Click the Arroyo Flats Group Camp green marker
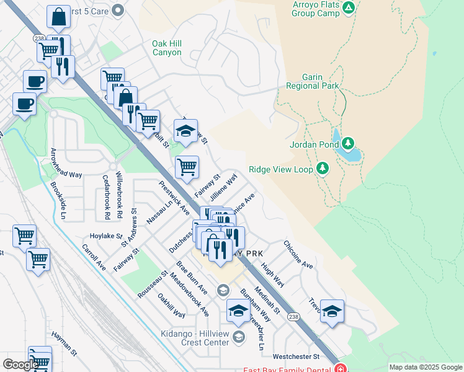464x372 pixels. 349,8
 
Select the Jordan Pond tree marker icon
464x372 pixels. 348,144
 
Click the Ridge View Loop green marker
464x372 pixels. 322,169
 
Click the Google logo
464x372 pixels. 20,365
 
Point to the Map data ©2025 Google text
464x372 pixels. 425,367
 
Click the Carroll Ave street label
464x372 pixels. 94,257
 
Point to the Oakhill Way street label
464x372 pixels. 172,306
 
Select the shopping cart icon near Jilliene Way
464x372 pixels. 187,166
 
